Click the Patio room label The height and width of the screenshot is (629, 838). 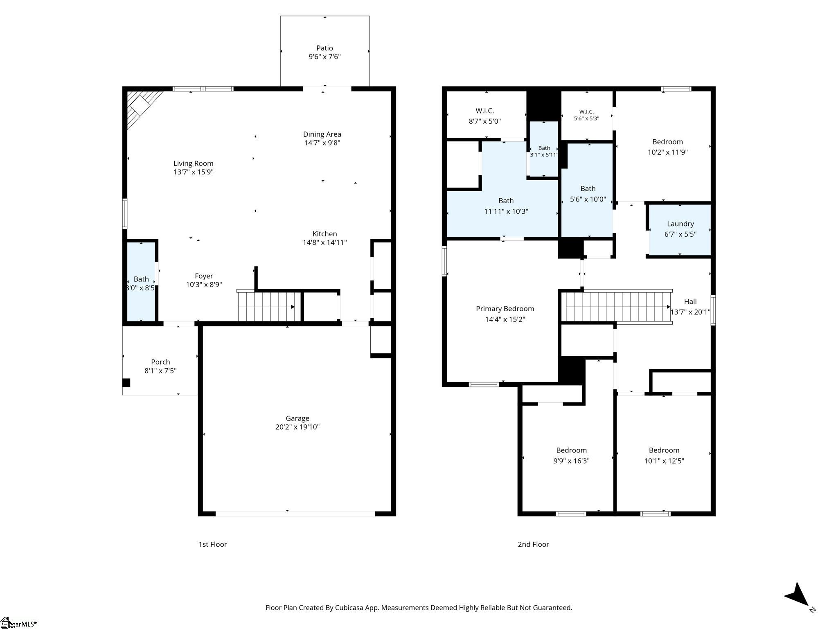[x=324, y=48]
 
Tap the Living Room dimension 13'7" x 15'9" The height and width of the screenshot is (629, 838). [x=194, y=172]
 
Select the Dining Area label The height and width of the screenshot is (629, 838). [x=322, y=134]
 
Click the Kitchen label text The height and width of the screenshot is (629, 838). [x=325, y=234]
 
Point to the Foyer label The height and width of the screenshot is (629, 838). [x=204, y=276]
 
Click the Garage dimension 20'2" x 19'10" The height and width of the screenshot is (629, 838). [x=297, y=427]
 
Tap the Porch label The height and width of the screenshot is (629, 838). [x=160, y=362]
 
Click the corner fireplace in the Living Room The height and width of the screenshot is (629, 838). [x=143, y=107]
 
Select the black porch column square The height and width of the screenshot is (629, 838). [x=126, y=383]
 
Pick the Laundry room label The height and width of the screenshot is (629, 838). [x=680, y=224]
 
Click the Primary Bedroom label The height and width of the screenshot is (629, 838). [x=505, y=309]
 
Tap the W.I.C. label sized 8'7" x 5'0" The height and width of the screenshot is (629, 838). [x=485, y=111]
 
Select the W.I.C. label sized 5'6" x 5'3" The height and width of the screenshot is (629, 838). [x=586, y=112]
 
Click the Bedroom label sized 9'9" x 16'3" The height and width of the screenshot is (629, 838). [x=571, y=450]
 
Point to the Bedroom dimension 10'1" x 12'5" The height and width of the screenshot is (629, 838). [x=664, y=461]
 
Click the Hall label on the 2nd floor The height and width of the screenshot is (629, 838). [x=690, y=302]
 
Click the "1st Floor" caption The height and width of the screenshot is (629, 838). [x=213, y=544]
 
